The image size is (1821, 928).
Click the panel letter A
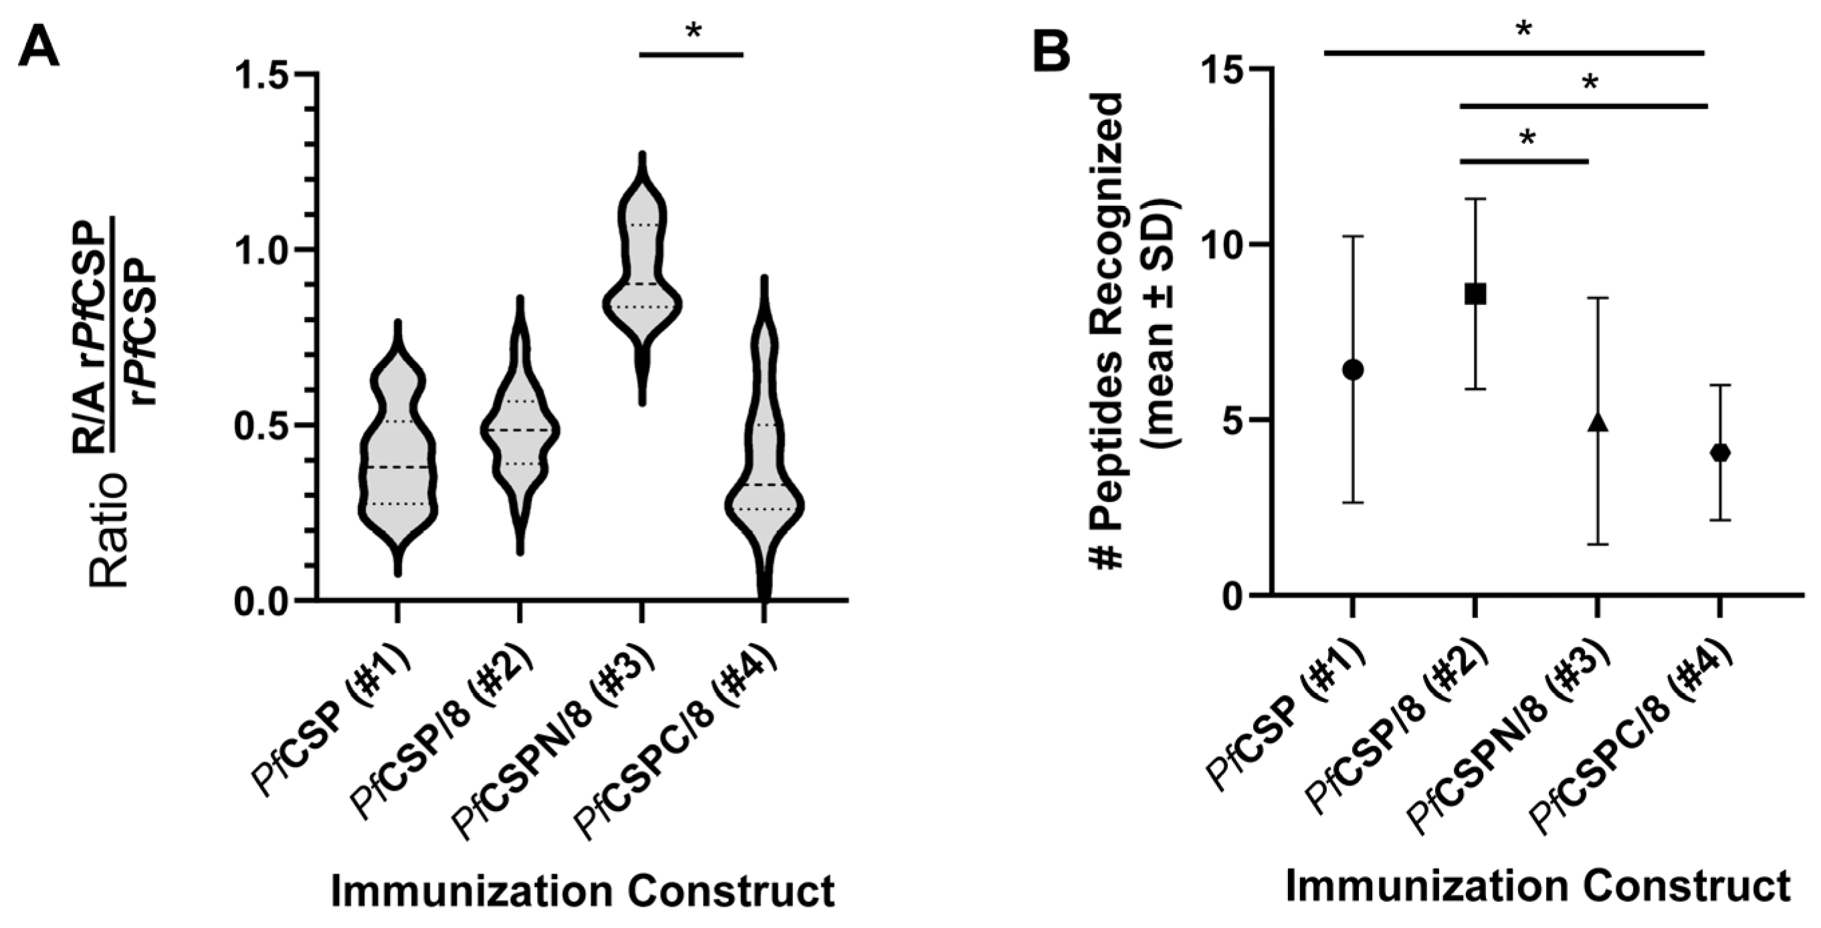click(39, 44)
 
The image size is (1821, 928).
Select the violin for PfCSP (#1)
click(397, 459)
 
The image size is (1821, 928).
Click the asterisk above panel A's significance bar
click(693, 32)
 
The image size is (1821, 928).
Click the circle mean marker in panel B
click(1352, 369)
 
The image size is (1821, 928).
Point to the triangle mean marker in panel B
click(1597, 423)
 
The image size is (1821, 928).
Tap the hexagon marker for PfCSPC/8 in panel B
click(1719, 453)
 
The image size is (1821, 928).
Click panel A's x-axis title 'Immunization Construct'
click(582, 891)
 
